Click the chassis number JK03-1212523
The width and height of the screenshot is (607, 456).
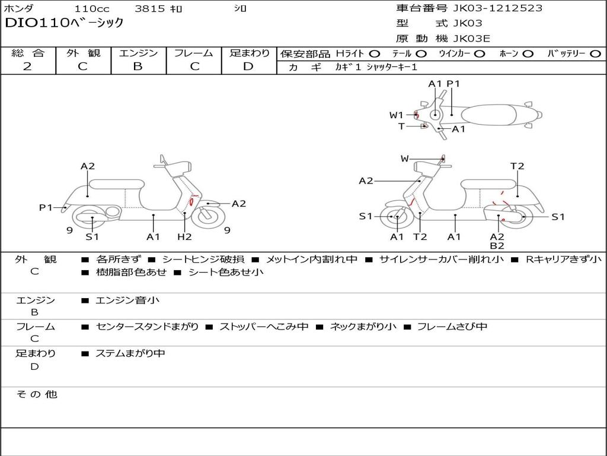(497, 8)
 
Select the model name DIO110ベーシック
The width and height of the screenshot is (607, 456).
(64, 23)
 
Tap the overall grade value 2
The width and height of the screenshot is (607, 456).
(27, 66)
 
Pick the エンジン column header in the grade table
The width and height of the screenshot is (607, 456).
(138, 53)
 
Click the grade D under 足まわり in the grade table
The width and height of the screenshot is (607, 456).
(248, 66)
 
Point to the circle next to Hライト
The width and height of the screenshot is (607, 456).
(375, 53)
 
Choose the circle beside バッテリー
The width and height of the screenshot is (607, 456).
(595, 53)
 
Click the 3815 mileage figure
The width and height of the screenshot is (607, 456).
(150, 9)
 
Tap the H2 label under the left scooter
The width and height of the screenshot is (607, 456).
(184, 237)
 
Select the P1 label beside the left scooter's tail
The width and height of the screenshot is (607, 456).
(46, 207)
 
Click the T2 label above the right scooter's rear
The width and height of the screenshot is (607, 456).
(517, 166)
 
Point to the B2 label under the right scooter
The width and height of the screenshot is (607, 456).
(497, 246)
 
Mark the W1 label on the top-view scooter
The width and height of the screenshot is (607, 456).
(396, 115)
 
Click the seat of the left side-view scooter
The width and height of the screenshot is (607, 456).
(117, 184)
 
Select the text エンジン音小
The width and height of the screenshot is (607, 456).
(127, 300)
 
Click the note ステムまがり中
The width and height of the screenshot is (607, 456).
(130, 353)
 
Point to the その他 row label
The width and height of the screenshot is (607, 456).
(37, 394)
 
